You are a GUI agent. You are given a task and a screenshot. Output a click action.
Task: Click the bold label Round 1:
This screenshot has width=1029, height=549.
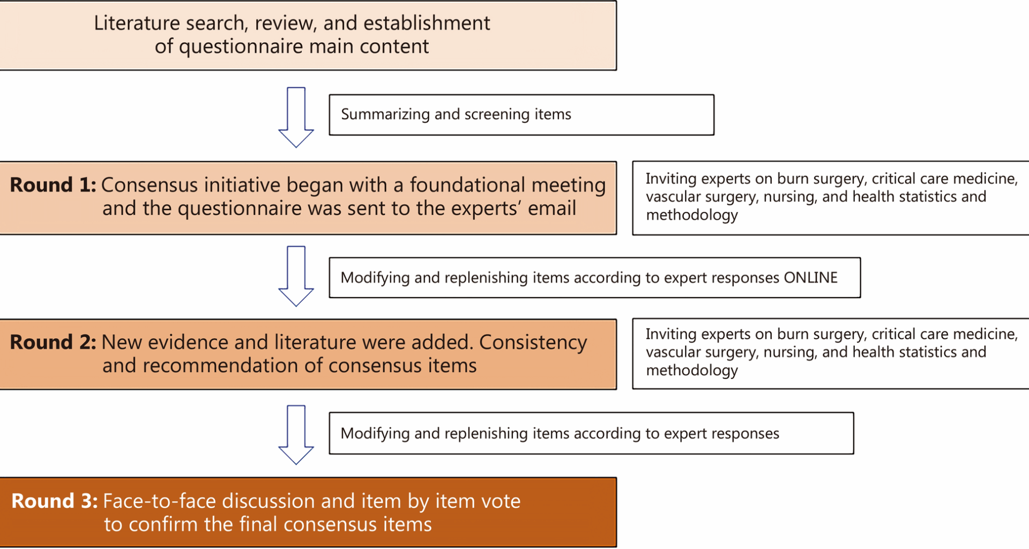[x=53, y=185]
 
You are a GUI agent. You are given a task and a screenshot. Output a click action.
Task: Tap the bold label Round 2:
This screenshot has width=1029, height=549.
[x=53, y=342]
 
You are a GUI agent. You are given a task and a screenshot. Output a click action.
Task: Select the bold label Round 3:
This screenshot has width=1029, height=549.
[x=54, y=501]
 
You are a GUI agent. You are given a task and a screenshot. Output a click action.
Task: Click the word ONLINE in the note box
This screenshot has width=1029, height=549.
[x=810, y=278]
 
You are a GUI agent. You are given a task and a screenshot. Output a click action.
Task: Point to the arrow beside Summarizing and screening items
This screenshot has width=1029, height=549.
[x=296, y=117]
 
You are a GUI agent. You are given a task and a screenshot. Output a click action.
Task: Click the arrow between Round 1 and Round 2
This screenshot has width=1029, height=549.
[x=296, y=276]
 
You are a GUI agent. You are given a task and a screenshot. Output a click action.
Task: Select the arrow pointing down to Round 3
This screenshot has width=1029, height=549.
[x=296, y=434]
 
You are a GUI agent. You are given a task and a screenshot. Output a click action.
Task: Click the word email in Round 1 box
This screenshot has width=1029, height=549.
[x=551, y=209]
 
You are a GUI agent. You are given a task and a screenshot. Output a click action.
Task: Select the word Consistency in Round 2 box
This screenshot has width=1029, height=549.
[x=533, y=342]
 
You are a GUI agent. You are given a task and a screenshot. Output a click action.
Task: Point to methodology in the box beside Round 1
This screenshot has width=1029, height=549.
[x=691, y=216]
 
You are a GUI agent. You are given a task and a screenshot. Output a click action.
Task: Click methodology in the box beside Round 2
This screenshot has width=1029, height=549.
[x=691, y=370]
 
